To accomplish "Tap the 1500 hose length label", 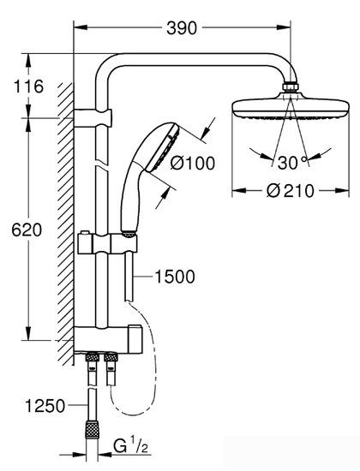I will [177, 277].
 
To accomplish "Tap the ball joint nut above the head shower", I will [291, 87].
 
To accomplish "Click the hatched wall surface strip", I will [64, 223].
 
